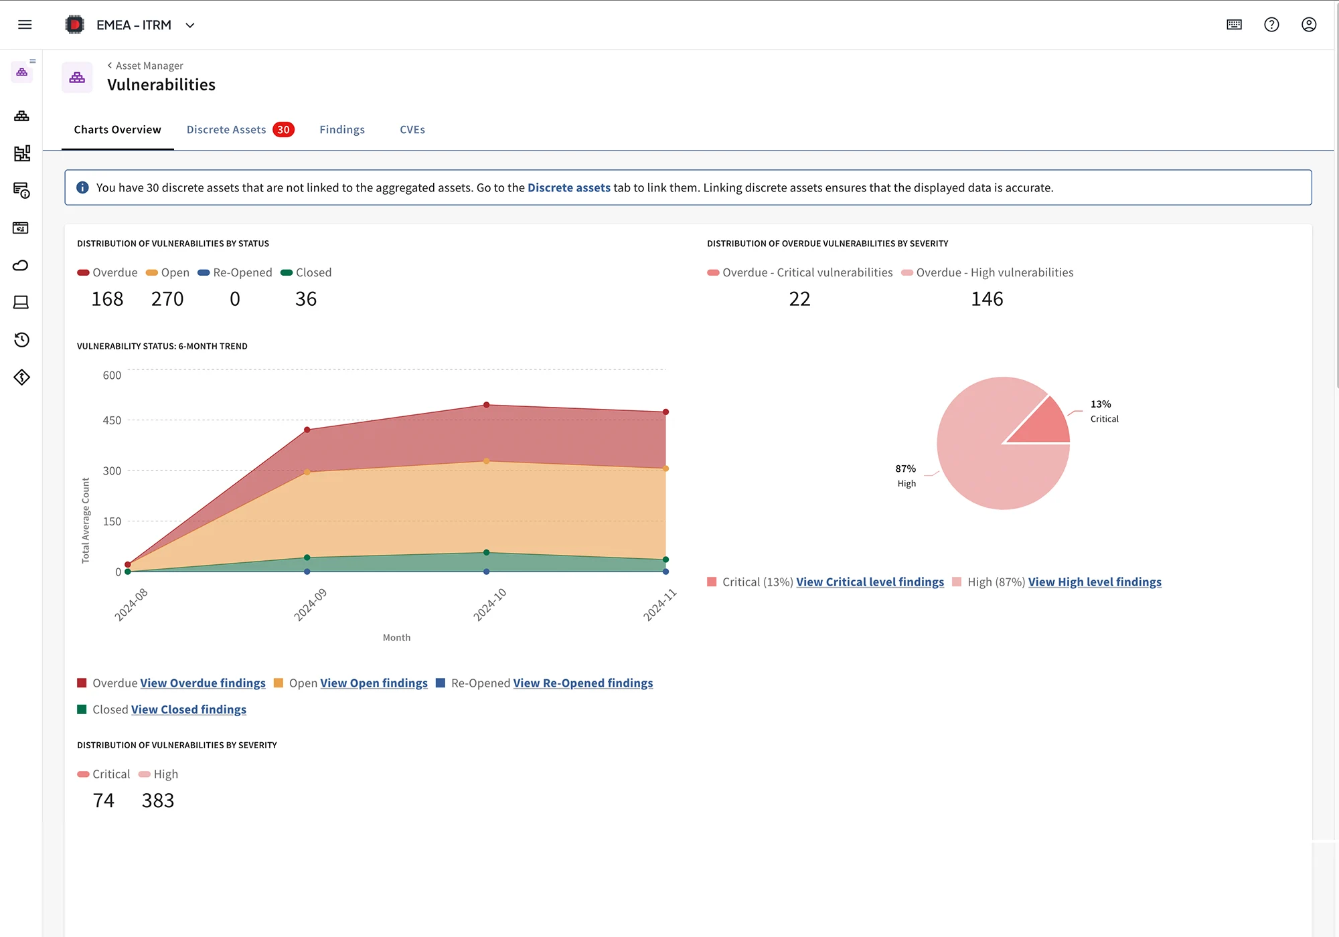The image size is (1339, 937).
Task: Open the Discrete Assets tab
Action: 226,130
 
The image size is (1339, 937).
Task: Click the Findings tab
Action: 342,130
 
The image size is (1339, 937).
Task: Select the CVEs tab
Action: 412,130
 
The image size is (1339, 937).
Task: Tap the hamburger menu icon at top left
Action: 25,25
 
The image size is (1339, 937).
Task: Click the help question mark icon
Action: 1271,25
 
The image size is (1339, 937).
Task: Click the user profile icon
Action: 1309,25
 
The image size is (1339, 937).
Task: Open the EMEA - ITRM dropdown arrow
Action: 190,25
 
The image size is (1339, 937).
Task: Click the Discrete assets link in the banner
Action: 568,188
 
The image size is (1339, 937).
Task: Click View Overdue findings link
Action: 203,683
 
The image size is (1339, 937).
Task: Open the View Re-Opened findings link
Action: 582,683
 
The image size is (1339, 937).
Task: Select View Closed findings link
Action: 189,709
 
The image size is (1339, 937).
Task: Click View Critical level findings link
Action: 870,582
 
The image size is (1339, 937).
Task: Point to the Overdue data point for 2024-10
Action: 487,405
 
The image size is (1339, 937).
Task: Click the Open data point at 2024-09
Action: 307,472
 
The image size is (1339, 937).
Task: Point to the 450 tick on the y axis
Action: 112,420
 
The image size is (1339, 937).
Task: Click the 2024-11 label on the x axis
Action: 660,604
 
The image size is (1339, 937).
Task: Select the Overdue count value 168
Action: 107,299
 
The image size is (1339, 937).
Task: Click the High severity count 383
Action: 158,800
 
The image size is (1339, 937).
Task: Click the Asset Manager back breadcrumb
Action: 145,66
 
